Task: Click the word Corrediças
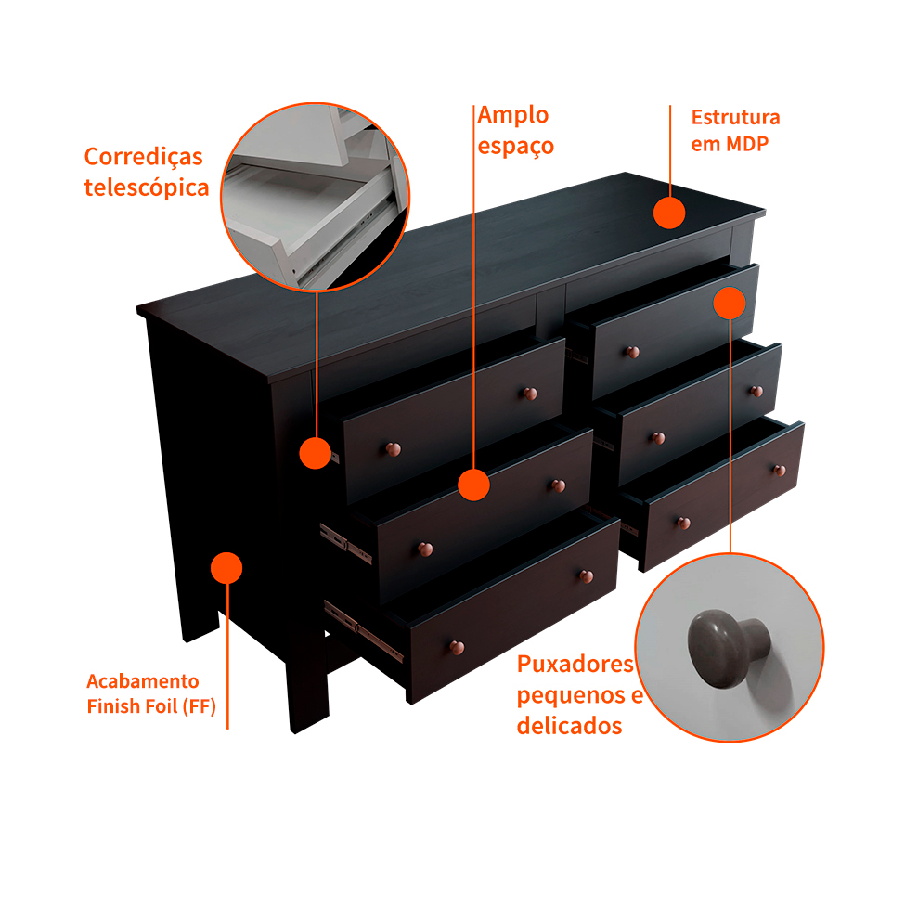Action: point(143,156)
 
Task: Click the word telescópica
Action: point(146,187)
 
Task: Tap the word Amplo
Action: point(513,115)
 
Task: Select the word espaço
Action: point(516,146)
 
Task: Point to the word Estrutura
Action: point(735,118)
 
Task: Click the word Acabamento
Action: point(143,681)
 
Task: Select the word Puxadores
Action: point(575,664)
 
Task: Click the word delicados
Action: point(569,726)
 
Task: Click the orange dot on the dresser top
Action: point(668,213)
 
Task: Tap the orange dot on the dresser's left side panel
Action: point(226,567)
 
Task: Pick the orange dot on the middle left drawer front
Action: point(473,485)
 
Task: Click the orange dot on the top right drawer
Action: point(730,303)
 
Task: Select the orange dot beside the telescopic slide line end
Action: point(316,453)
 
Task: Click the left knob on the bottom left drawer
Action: point(456,646)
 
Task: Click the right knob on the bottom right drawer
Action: point(778,470)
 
